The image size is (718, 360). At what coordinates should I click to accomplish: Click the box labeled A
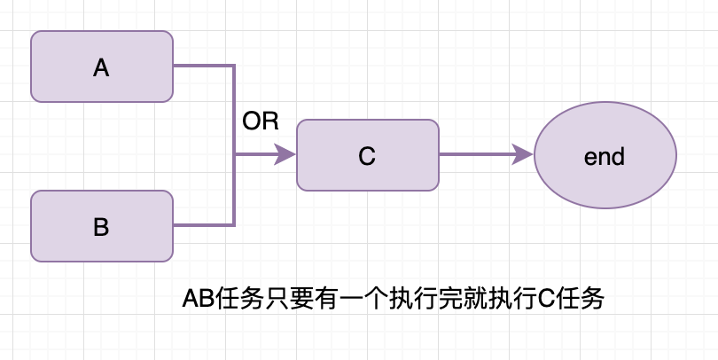pyautogui.click(x=102, y=67)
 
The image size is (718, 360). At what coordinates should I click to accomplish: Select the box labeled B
pyautogui.click(x=102, y=226)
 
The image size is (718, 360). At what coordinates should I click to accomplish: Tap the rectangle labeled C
pyautogui.click(x=368, y=155)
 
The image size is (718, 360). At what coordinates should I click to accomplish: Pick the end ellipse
pyautogui.click(x=605, y=156)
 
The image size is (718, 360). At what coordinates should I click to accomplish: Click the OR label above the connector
pyautogui.click(x=261, y=122)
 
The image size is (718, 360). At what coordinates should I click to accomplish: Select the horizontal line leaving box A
pyautogui.click(x=204, y=66)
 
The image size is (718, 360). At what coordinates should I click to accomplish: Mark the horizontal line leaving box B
pyautogui.click(x=204, y=225)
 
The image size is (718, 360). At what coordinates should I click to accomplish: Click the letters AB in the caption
pyautogui.click(x=198, y=300)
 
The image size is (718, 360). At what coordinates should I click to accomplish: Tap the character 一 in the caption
pyautogui.click(x=339, y=300)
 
